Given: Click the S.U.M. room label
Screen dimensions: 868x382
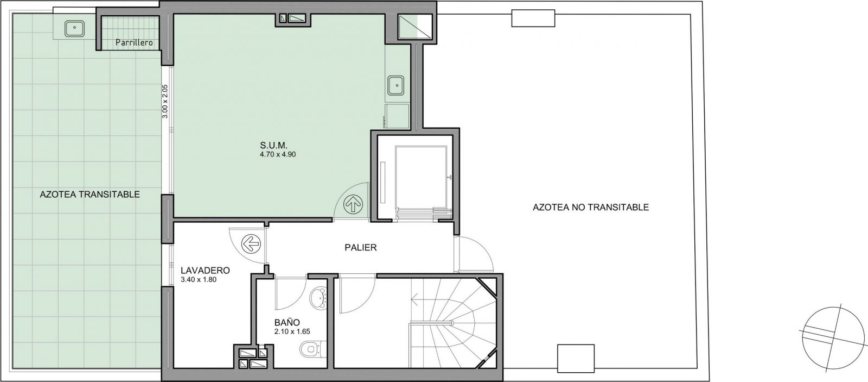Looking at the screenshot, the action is [273, 146].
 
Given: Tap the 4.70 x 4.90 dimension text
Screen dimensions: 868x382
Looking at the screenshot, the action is [278, 154].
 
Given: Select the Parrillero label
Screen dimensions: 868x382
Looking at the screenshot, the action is [134, 43].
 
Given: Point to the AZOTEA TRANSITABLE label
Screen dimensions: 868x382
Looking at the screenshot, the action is [90, 194].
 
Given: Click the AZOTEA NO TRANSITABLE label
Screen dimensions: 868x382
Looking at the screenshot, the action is [591, 208].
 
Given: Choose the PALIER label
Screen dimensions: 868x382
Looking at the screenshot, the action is [361, 247].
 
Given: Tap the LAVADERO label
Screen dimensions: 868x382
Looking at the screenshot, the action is [206, 270].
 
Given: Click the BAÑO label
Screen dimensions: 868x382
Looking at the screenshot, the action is [287, 322].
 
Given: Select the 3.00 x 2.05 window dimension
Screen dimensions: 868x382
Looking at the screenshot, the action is [165, 101].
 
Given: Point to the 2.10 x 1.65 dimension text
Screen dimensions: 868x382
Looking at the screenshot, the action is [292, 331].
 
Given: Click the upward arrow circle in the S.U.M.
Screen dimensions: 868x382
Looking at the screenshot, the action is [353, 203].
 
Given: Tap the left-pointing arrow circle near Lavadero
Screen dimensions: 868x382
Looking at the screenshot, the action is [251, 244].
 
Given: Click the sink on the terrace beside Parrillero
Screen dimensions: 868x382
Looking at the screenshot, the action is [74, 29].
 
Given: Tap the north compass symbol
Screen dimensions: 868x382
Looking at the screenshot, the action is [832, 338].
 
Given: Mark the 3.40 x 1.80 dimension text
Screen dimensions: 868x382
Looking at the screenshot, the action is [199, 279].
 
